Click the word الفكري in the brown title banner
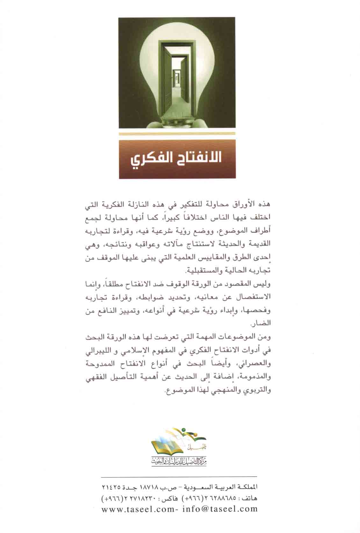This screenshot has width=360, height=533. click(x=148, y=159)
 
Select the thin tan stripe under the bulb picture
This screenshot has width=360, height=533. click(x=177, y=134)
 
